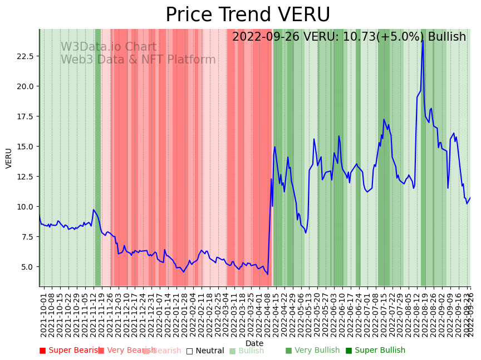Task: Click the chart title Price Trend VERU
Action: coord(248,15)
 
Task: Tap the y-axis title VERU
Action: coord(9,158)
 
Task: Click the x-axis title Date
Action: coord(254,343)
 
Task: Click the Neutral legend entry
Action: coord(205,351)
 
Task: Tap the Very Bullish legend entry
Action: coord(312,351)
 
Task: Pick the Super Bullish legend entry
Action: coord(375,351)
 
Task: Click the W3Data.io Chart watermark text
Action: coord(109,47)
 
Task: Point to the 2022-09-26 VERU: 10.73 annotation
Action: coord(349,37)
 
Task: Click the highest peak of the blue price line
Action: coord(423,40)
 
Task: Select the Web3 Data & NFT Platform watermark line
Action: coord(138,60)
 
